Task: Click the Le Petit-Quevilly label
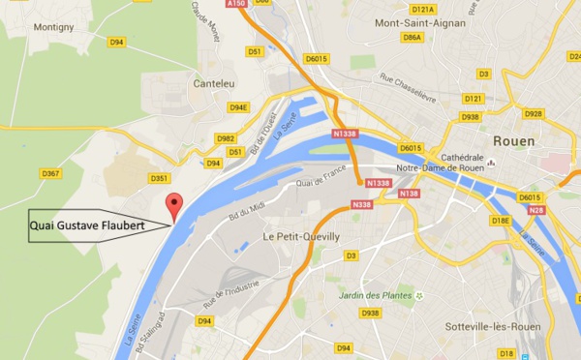coord(301,235)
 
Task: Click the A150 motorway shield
coord(236,5)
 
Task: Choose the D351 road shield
coord(161,178)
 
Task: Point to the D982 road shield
coord(226,139)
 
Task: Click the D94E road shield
coord(238,107)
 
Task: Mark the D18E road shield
coord(501,220)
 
